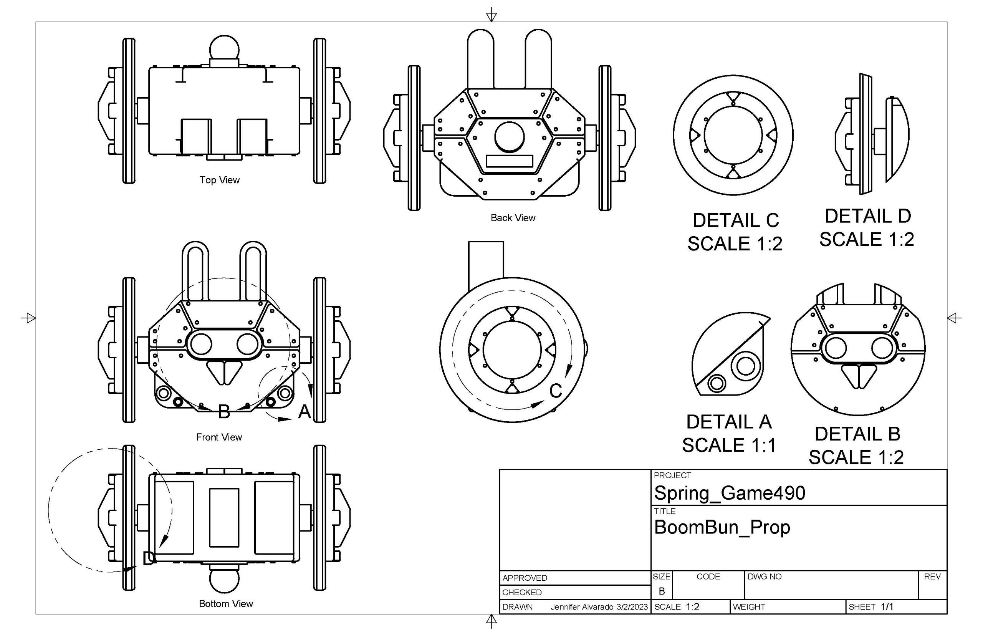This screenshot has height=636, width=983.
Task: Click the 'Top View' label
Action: point(219,180)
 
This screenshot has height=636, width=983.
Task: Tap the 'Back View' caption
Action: point(512,218)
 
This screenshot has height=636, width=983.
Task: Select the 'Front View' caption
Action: point(219,437)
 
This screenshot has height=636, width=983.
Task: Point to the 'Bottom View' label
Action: point(226,603)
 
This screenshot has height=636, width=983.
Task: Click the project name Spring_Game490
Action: point(729,493)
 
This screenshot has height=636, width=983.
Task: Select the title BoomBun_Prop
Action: point(722,527)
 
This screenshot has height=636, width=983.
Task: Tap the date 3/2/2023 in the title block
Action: point(632,607)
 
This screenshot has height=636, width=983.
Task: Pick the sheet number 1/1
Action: point(887,607)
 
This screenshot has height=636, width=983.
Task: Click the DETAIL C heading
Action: point(735,220)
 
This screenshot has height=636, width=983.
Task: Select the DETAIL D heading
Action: point(867,216)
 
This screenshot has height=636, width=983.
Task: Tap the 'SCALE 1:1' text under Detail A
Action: point(729,445)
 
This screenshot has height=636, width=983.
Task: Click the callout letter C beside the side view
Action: point(556,391)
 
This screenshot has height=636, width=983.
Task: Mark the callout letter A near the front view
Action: point(304,411)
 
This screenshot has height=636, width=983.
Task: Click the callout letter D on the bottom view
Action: point(149,559)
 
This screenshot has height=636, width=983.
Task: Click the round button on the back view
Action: point(509,137)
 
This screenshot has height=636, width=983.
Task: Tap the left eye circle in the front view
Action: point(201,344)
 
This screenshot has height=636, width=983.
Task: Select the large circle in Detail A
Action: point(745,366)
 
